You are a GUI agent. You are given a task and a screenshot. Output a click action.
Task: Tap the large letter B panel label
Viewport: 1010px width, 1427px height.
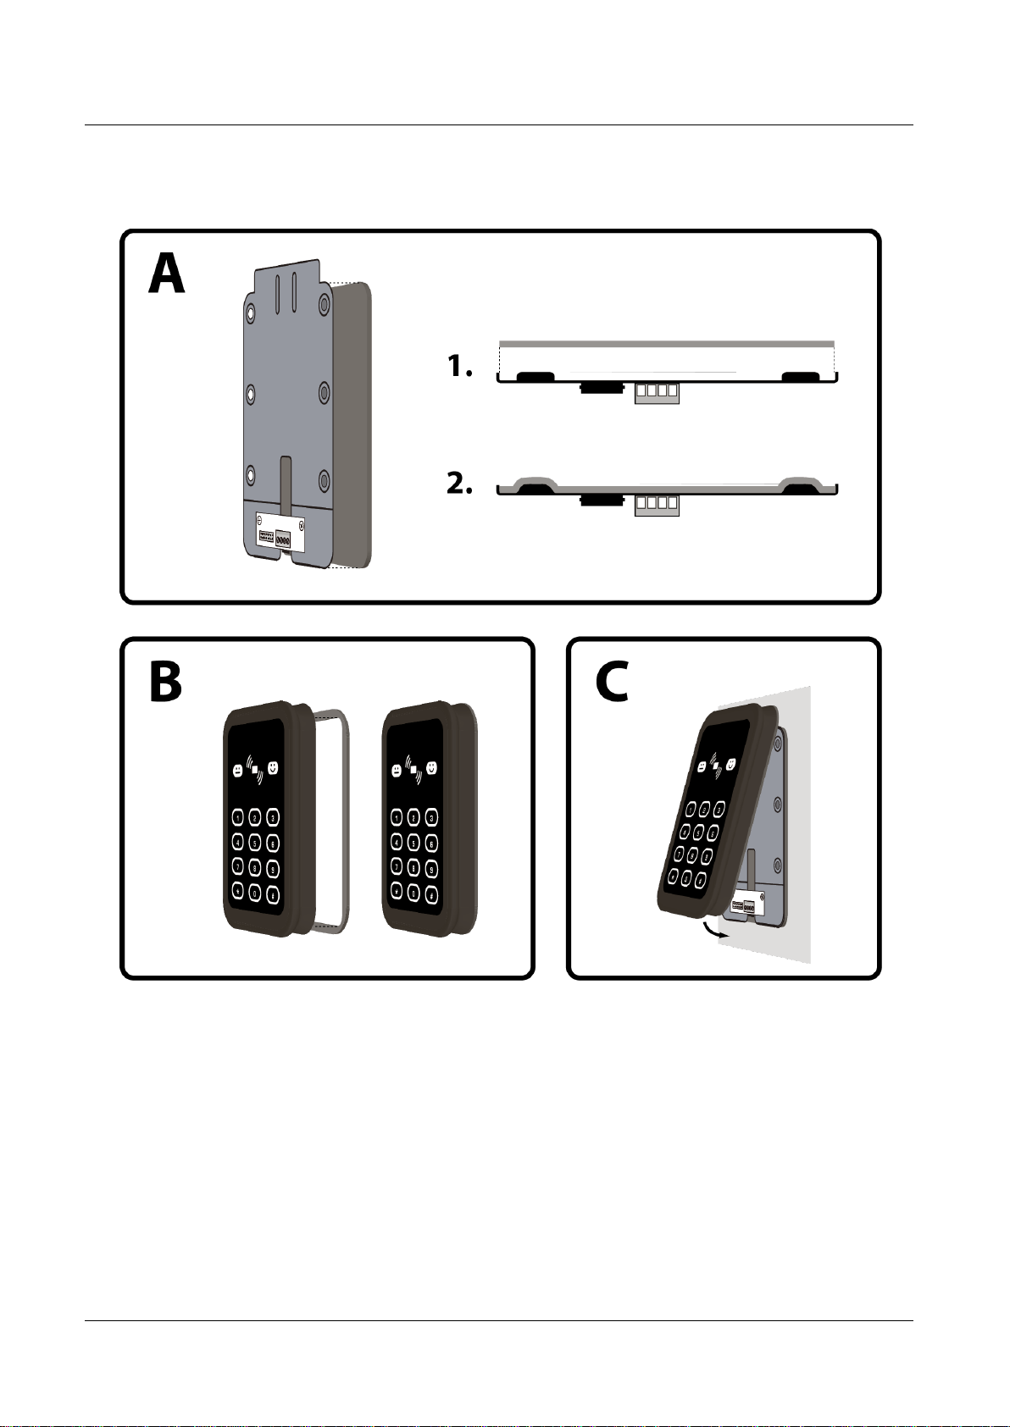pyautogui.click(x=166, y=683)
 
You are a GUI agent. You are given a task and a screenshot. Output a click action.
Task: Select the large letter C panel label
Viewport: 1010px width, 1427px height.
pyautogui.click(x=612, y=683)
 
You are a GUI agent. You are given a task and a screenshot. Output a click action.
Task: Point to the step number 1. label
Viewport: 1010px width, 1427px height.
pyautogui.click(x=459, y=367)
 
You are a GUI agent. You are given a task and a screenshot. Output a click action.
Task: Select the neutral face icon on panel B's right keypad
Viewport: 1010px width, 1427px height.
pyautogui.click(x=396, y=771)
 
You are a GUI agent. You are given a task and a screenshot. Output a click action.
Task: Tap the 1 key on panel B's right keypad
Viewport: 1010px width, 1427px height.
pyautogui.click(x=396, y=817)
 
